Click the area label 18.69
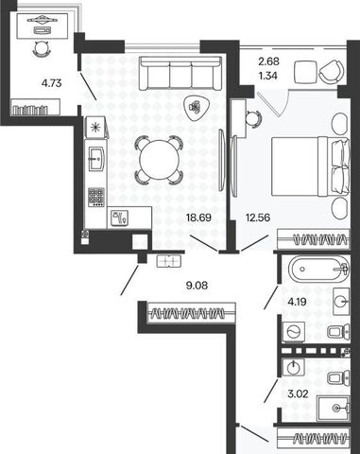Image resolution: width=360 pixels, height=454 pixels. point(198,218)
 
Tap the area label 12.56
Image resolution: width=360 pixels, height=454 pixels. point(258,218)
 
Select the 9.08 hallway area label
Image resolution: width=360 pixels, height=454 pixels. point(197,286)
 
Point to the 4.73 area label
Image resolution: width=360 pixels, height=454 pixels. point(51,83)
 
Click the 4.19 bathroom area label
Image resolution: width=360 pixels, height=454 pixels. point(297,302)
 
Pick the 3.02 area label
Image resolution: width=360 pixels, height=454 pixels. point(298,393)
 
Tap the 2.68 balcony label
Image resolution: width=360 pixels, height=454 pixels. point(268,61)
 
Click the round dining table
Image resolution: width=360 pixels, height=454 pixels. point(159,160)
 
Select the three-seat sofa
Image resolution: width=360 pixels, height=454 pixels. point(180,74)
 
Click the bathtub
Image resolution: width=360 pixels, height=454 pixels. point(318,270)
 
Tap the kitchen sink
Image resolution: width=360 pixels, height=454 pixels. point(96,159)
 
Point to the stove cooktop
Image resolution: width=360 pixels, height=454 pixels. point(96,197)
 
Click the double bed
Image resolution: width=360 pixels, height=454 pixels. point(310,166)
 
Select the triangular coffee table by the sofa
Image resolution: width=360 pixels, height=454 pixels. point(196,107)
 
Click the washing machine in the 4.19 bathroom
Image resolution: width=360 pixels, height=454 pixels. point(294,332)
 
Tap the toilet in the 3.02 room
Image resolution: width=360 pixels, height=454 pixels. point(338,377)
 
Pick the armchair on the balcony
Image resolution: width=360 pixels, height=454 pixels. point(332,72)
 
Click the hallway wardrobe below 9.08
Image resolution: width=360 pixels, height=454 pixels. point(191,313)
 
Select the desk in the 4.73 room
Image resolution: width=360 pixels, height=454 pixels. point(43,26)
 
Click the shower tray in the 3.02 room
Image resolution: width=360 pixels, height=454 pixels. point(333,409)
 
